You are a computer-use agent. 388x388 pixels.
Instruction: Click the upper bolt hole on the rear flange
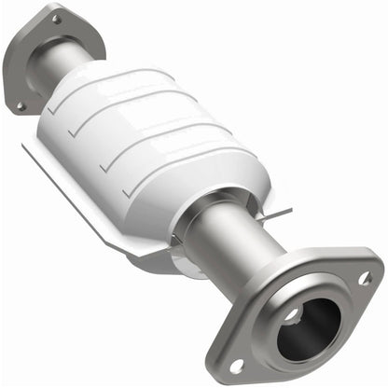[56, 18]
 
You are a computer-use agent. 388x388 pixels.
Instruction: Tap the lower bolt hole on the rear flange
[20, 105]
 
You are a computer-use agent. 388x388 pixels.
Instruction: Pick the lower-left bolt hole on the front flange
[236, 365]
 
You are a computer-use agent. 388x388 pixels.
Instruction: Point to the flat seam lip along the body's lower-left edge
[84, 201]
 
